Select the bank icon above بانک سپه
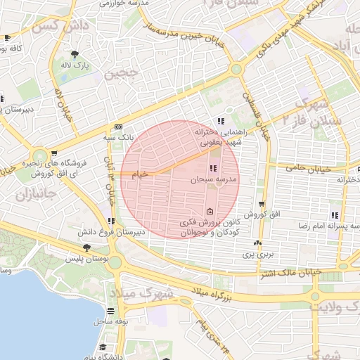pyautogui.click(x=117, y=127)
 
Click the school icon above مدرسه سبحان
pyautogui.click(x=213, y=168)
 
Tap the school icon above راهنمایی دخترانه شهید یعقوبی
pyautogui.click(x=221, y=120)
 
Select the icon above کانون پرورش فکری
pyautogui.click(x=210, y=212)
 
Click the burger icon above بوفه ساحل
pyautogui.click(x=110, y=311)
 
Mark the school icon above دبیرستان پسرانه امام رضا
pyautogui.click(x=333, y=214)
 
